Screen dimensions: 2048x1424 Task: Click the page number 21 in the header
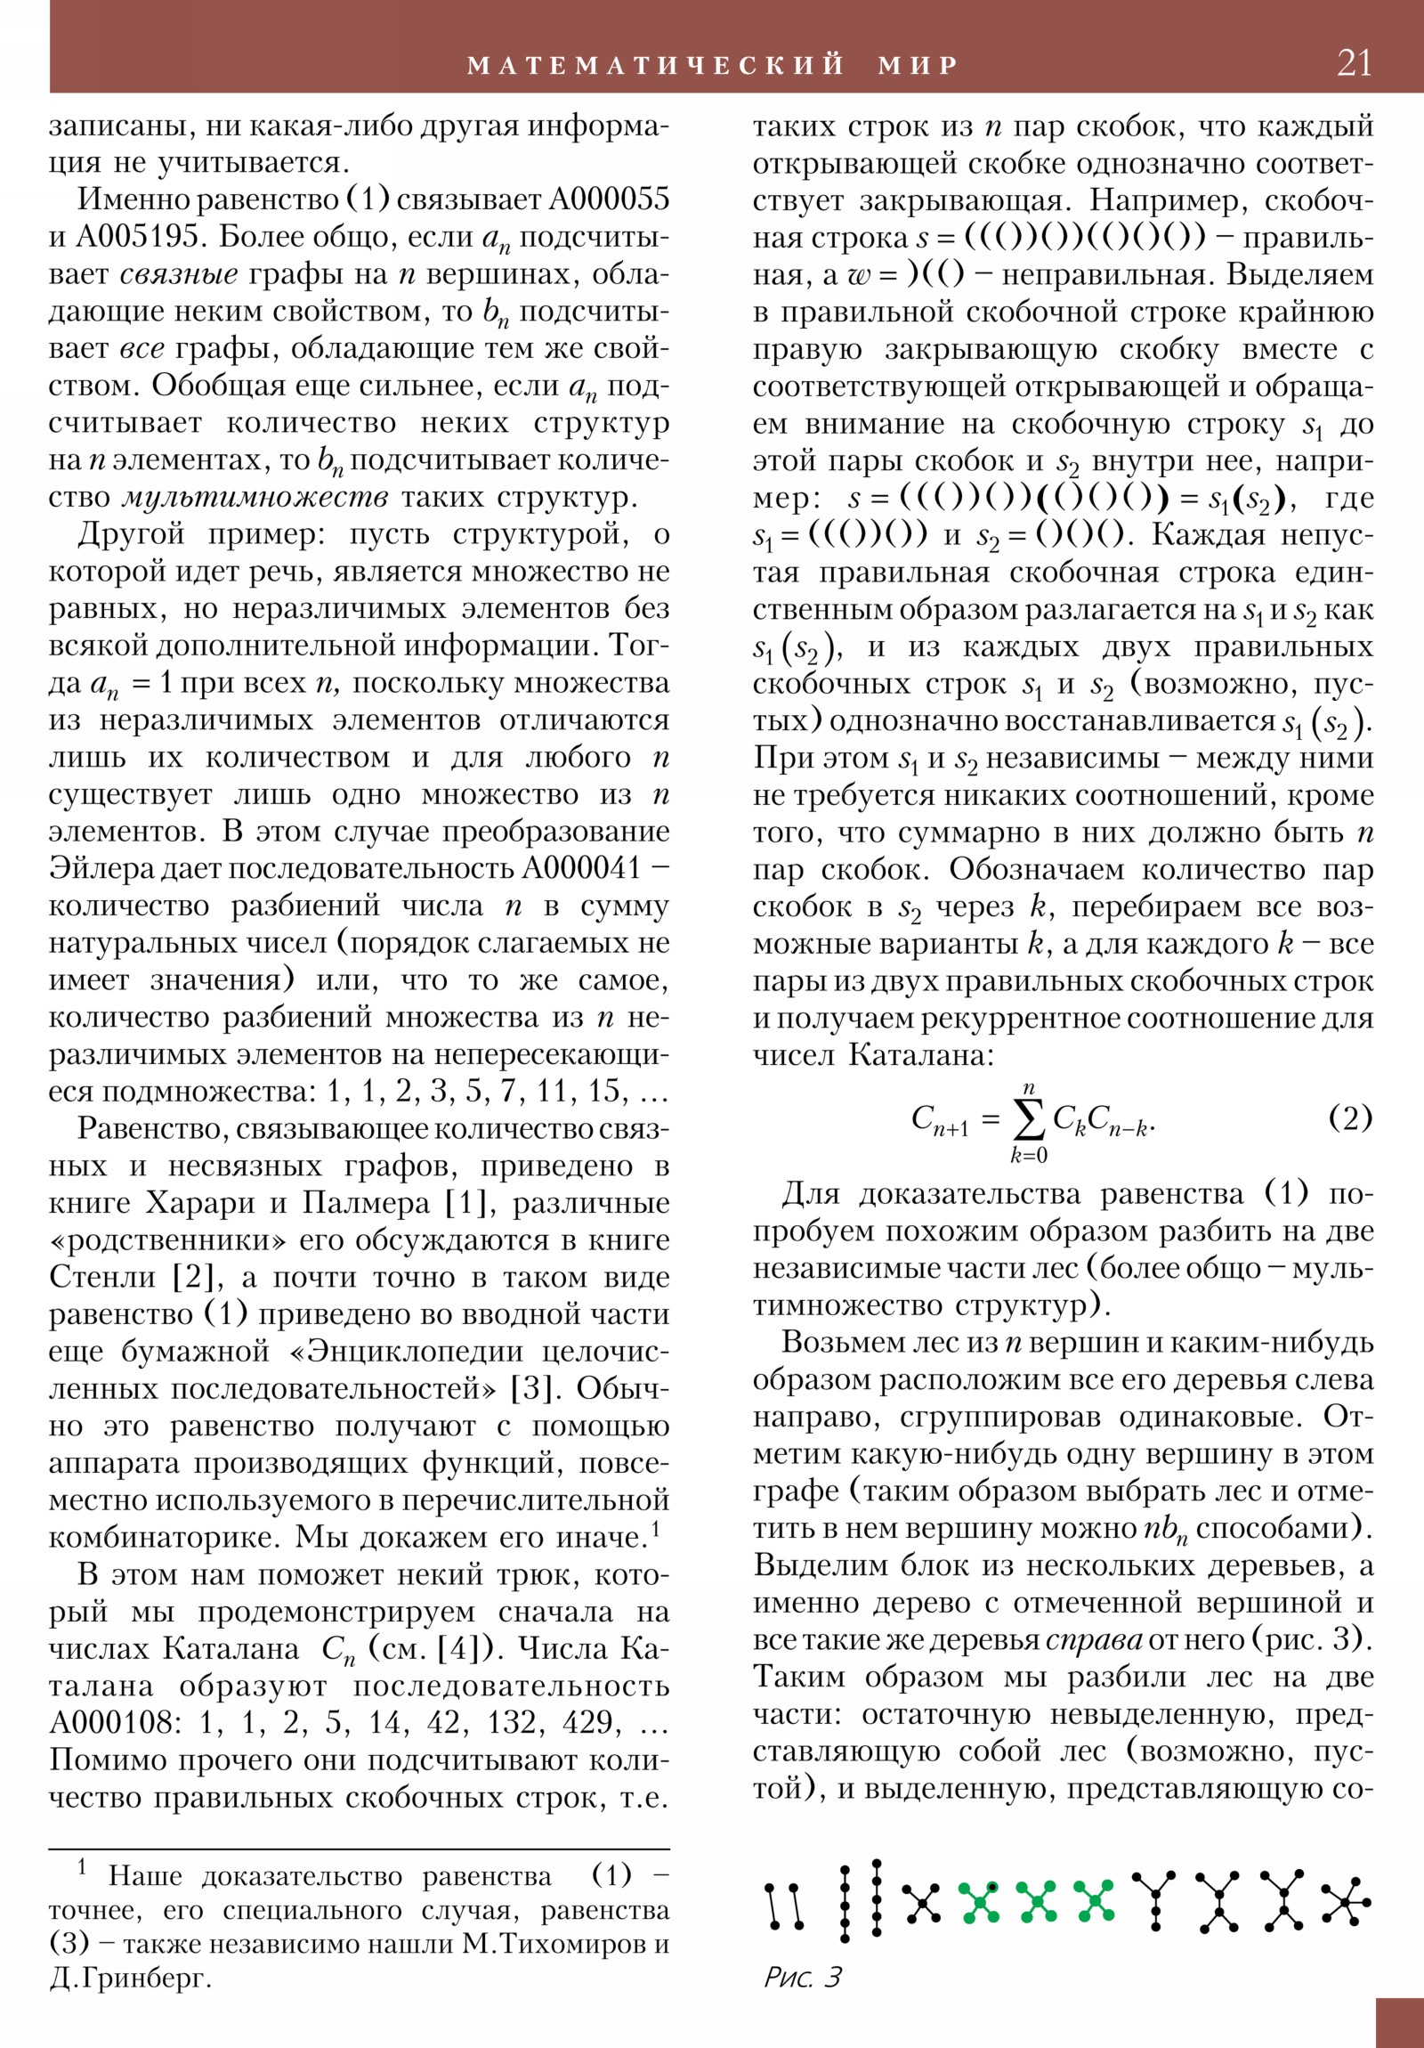[1355, 63]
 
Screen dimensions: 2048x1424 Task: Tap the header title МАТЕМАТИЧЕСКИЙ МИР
[713, 65]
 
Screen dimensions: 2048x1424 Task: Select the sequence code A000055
[609, 199]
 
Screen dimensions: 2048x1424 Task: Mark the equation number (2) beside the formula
[1350, 1117]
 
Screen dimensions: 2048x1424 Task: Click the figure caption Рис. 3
[802, 1977]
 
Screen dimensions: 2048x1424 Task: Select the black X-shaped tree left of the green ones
[921, 1904]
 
